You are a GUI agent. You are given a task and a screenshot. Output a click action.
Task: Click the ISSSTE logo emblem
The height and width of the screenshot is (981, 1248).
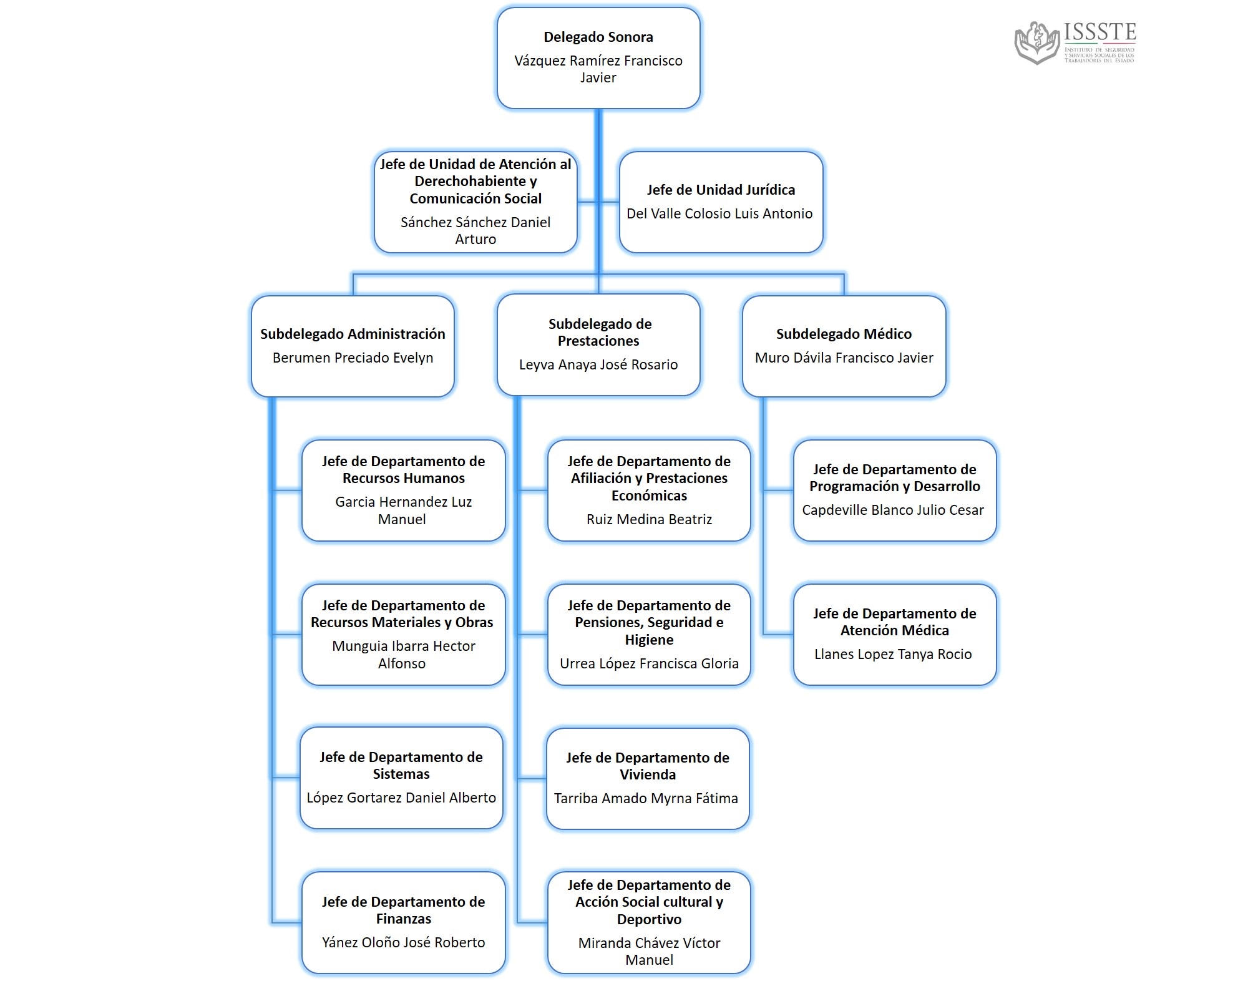(1037, 42)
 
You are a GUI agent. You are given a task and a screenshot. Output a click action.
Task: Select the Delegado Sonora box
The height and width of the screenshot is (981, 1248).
(598, 58)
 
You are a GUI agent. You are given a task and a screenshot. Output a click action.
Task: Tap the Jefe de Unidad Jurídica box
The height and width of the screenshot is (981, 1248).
(721, 202)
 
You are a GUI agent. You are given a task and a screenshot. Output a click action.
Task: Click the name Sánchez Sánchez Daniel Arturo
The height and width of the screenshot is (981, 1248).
(475, 230)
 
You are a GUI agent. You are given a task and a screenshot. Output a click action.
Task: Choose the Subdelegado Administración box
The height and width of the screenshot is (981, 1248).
(353, 346)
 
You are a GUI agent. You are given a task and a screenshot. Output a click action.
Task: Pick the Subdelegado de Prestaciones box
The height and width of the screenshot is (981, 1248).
(598, 344)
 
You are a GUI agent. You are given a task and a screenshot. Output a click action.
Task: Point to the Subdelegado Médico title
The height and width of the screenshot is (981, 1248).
(844, 334)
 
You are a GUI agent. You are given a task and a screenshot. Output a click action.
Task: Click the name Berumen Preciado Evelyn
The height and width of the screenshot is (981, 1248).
(353, 358)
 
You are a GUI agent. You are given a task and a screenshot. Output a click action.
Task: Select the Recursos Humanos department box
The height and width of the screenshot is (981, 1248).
(403, 490)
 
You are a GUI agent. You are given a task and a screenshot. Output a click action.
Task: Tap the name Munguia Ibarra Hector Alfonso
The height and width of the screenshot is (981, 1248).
(403, 655)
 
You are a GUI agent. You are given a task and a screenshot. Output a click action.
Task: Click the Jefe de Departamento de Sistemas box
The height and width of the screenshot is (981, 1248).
(401, 778)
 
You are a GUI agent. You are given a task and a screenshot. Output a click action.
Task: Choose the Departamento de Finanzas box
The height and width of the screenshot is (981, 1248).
(403, 922)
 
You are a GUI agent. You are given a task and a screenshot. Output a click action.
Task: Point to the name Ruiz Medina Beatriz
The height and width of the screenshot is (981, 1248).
(649, 519)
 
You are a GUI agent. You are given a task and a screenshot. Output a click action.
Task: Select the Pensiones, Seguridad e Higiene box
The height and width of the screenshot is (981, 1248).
(649, 635)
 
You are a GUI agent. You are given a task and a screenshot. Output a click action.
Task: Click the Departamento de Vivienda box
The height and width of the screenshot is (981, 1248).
(648, 779)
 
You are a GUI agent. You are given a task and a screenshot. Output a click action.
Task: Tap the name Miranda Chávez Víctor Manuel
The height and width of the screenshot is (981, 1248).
(649, 951)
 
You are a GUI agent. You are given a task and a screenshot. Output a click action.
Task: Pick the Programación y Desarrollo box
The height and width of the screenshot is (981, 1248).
(894, 490)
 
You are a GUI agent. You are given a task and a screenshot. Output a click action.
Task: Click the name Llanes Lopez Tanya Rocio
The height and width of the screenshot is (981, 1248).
(893, 654)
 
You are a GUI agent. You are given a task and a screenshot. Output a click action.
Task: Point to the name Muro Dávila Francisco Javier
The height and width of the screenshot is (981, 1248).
(844, 358)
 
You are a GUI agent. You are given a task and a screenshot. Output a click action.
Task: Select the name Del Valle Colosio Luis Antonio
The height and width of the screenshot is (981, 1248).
(719, 213)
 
